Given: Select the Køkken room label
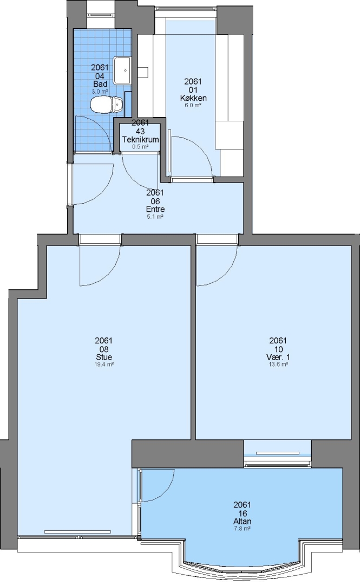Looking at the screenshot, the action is click(x=193, y=98).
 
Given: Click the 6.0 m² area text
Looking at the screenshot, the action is click(x=193, y=106).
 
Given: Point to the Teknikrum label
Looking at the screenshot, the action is click(x=140, y=140).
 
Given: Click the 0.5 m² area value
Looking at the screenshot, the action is click(x=140, y=147).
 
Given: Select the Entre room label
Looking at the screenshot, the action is click(x=155, y=209).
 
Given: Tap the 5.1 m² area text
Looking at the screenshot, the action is click(x=155, y=216).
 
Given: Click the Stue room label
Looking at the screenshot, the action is click(x=104, y=357).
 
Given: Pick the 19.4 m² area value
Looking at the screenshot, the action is click(x=104, y=364).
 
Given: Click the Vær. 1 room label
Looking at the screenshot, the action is click(x=278, y=357).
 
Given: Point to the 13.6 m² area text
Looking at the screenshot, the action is click(x=278, y=364).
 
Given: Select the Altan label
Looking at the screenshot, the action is click(x=243, y=522).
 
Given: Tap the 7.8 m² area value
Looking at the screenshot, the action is click(x=243, y=529).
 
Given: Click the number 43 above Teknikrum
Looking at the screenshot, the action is click(x=140, y=131).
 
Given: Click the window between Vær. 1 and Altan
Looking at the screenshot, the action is click(x=278, y=454).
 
